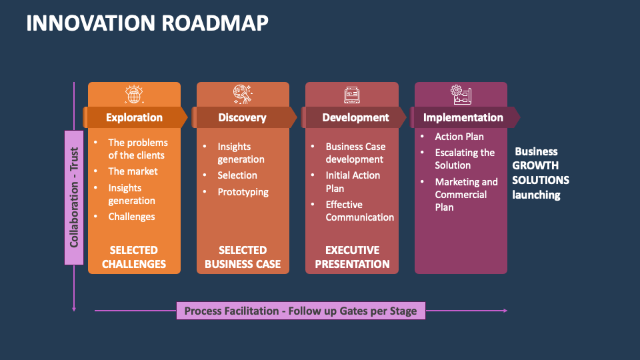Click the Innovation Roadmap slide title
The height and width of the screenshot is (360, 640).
point(147,23)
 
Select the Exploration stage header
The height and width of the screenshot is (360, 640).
point(134,117)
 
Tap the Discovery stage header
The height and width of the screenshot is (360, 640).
point(242,117)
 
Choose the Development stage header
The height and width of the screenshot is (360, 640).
point(355,117)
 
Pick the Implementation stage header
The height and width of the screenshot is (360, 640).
point(463,117)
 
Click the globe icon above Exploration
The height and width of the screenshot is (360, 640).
point(134,95)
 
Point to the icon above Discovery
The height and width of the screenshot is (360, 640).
point(243,95)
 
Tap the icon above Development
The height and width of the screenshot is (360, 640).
point(352,95)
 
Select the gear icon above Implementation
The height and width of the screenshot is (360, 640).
point(461,95)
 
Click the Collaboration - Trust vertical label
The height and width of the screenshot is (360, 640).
point(73,197)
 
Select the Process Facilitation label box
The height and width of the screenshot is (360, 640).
point(301,311)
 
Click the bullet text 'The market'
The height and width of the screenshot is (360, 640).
point(133,171)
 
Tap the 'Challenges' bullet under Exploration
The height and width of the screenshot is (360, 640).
point(131,217)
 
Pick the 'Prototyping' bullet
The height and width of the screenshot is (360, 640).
point(243,192)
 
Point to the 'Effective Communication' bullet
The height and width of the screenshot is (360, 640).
point(359,211)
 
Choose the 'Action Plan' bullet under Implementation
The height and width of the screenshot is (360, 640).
point(459,137)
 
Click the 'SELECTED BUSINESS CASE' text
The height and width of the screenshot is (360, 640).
point(243,257)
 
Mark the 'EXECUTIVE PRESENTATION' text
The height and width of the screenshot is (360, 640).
point(352,257)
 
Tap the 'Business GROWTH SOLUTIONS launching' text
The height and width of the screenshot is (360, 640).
point(540,173)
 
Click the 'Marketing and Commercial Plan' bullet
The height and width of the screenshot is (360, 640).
point(466,194)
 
